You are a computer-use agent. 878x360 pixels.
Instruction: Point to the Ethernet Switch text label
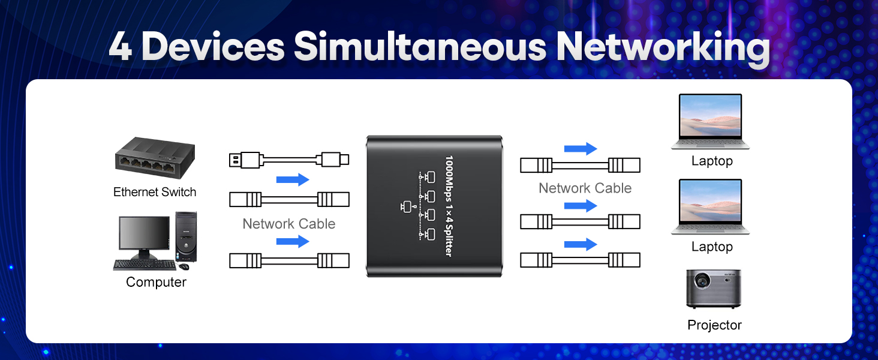click(x=155, y=192)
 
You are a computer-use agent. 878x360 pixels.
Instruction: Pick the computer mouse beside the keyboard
click(x=184, y=266)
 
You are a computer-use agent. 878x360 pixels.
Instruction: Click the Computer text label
click(x=156, y=282)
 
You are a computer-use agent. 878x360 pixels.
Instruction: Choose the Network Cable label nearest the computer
click(x=288, y=224)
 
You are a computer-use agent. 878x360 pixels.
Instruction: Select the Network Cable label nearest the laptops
click(x=585, y=188)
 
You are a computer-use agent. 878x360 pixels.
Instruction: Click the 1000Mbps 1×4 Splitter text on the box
click(x=447, y=206)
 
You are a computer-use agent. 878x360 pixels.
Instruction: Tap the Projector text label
click(x=714, y=325)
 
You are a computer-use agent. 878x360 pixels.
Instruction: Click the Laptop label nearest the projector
click(x=712, y=247)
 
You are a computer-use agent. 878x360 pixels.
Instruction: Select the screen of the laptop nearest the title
click(x=710, y=118)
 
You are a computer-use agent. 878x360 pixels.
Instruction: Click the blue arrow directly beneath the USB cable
click(x=293, y=179)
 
